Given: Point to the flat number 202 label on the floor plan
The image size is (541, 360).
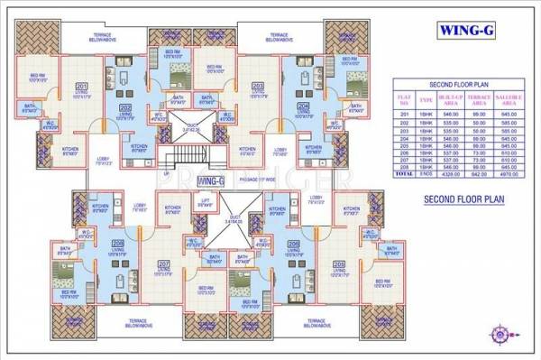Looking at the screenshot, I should (124, 108).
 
